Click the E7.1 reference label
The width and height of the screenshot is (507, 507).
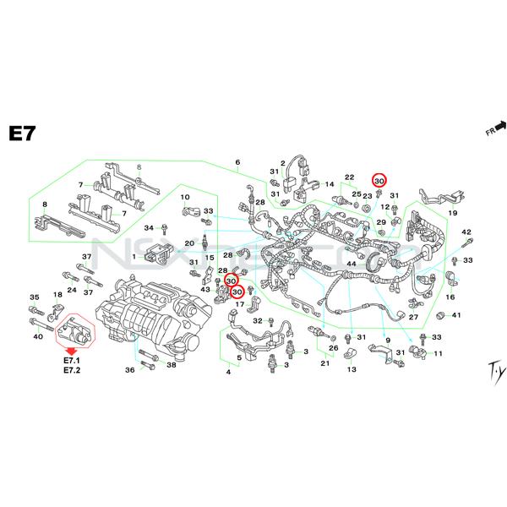click(72, 361)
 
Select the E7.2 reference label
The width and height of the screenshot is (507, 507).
click(72, 371)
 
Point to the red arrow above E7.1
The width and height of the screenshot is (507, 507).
click(72, 348)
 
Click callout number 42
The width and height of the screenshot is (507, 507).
click(466, 232)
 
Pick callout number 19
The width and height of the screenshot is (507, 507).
click(452, 213)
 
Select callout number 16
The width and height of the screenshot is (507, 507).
click(450, 297)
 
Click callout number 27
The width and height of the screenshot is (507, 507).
click(413, 317)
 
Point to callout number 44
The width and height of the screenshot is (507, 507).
click(352, 264)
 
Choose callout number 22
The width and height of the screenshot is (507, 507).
click(349, 177)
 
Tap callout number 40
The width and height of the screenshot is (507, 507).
click(37, 337)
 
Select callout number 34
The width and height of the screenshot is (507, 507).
click(149, 228)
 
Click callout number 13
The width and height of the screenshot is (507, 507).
click(352, 369)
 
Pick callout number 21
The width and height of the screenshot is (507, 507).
click(324, 363)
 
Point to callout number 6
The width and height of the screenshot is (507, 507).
click(237, 162)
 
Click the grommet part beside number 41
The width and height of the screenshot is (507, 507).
click(440, 315)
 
